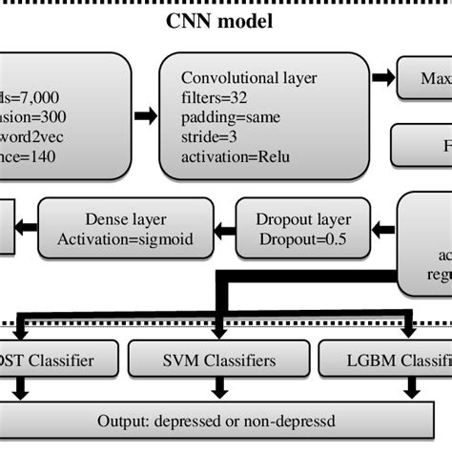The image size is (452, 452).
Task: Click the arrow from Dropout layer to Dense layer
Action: point(224,227)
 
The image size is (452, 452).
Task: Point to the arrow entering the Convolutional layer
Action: point(145,115)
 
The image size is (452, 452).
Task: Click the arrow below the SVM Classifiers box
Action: point(222,389)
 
